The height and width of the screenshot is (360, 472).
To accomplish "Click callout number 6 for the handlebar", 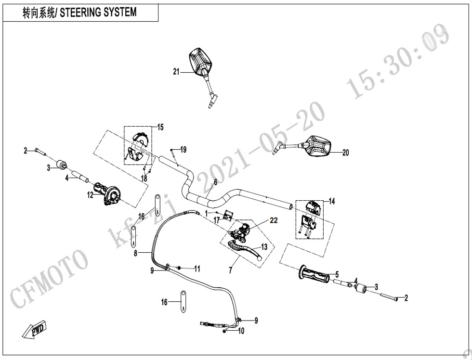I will [x=215, y=182].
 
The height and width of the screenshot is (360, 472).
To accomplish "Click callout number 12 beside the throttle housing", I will [x=90, y=195].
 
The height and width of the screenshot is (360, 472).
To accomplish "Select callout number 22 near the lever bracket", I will [x=274, y=220].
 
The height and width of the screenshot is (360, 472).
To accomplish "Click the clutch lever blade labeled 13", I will [x=246, y=249].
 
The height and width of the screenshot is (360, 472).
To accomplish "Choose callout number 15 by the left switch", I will [x=160, y=127].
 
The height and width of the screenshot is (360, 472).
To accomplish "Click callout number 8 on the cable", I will [x=135, y=252].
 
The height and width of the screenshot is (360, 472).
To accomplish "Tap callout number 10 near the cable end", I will [x=241, y=331].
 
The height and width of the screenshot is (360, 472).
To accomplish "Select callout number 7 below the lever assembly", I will [x=230, y=270].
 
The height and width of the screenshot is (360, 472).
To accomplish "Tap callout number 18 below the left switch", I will [x=144, y=178].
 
